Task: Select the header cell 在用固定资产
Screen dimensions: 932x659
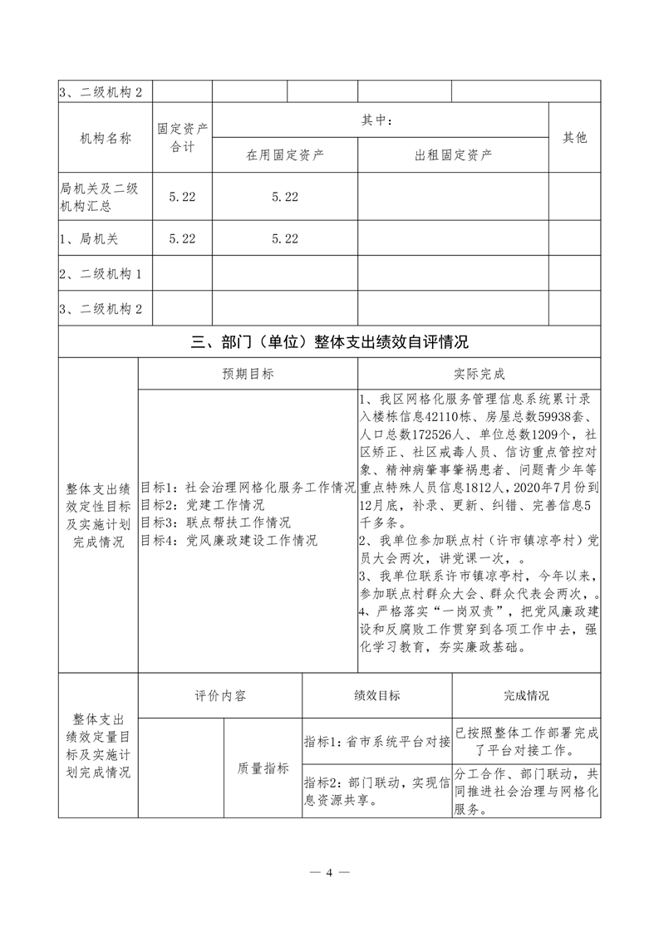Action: (285, 155)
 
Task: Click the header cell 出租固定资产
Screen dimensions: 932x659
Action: (453, 155)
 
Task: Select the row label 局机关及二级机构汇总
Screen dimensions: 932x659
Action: (99, 196)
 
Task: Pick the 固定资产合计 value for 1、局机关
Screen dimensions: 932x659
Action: (182, 238)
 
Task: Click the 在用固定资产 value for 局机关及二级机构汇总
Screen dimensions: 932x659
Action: (285, 196)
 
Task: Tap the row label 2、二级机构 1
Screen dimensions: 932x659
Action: (101, 274)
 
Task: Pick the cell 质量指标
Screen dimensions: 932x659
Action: (263, 768)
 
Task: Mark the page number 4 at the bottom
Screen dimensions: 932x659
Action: (329, 872)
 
